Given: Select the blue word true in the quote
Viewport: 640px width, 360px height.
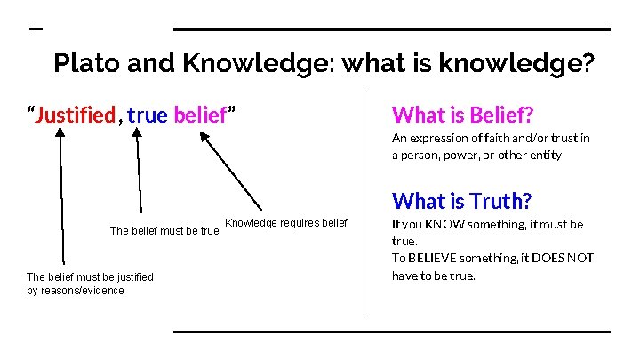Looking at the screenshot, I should click(147, 115).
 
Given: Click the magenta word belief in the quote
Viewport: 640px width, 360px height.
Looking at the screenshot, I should click(201, 115).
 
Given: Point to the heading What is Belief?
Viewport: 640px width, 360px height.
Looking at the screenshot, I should click(461, 115).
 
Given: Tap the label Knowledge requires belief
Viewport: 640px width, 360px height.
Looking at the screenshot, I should click(286, 222).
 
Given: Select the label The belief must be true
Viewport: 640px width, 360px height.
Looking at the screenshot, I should click(164, 231).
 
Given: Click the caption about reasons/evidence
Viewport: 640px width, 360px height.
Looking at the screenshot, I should click(89, 284).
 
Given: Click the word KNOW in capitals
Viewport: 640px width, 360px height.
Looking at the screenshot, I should click(442, 225).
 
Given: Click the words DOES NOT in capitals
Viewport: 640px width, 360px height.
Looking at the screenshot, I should click(556, 259).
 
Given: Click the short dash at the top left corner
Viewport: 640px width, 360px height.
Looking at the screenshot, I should click(36, 28).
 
